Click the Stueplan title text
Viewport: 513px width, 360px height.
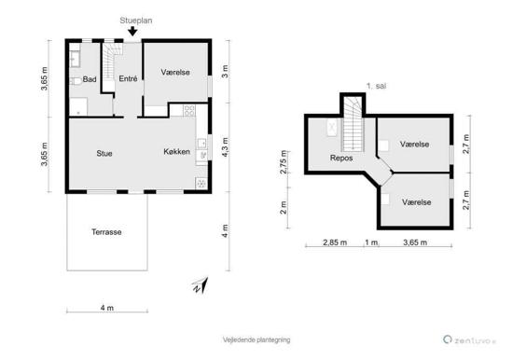pos(136,21)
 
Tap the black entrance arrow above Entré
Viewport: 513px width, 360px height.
pos(132,31)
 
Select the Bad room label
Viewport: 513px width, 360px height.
pos(90,79)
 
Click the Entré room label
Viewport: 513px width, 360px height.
pos(128,78)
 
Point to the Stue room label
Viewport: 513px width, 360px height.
pos(104,153)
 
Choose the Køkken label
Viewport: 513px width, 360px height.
pos(176,151)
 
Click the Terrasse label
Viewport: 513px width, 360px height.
pos(106,232)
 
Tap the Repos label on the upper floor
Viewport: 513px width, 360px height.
pos(341,158)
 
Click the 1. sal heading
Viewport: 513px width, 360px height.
pos(376,86)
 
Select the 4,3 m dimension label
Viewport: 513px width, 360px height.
pos(225,147)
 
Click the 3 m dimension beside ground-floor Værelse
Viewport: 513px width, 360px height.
pos(225,71)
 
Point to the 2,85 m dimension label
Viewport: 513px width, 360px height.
pos(335,242)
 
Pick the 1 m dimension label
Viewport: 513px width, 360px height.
pos(371,242)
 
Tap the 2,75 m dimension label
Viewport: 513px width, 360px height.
pos(284,162)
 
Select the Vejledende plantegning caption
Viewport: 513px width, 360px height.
pos(256,339)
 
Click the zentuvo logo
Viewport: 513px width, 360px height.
pos(470,340)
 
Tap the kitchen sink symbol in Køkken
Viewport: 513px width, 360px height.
pos(201,143)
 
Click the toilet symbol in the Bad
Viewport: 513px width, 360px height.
pos(76,81)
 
